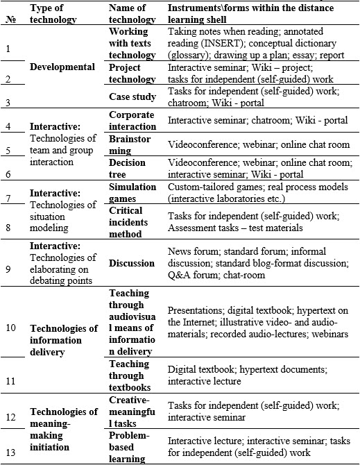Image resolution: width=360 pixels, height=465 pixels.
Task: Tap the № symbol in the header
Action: [10, 19]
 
